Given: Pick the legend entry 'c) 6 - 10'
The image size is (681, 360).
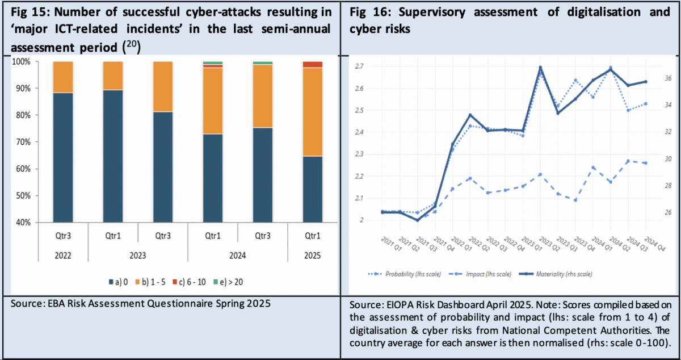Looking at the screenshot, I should point(192,281).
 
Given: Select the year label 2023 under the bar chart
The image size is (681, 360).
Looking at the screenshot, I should point(138,256).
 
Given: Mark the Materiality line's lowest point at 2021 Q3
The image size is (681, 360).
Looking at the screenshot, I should point(418,220).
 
